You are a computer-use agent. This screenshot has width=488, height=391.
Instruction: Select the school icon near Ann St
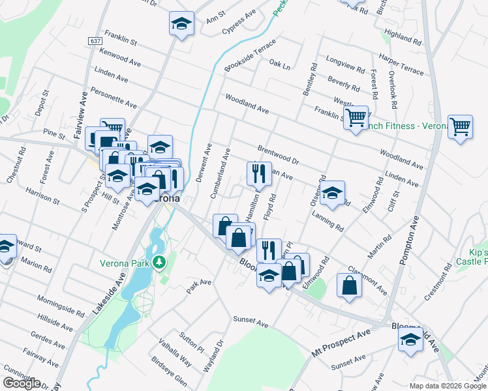click(x=181, y=25)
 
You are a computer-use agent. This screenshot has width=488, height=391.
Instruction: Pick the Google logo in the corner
click(x=22, y=383)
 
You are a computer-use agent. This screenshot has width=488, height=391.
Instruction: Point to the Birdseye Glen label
click(x=169, y=371)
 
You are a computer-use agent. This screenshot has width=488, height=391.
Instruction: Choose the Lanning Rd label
click(x=328, y=221)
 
